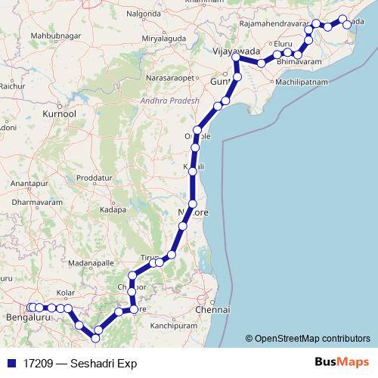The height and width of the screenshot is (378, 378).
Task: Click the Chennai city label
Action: point(212,310)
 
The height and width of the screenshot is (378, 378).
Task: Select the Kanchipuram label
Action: point(174,327)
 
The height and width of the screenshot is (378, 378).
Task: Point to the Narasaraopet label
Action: point(176,77)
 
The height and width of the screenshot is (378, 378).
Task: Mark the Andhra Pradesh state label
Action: point(169,101)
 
